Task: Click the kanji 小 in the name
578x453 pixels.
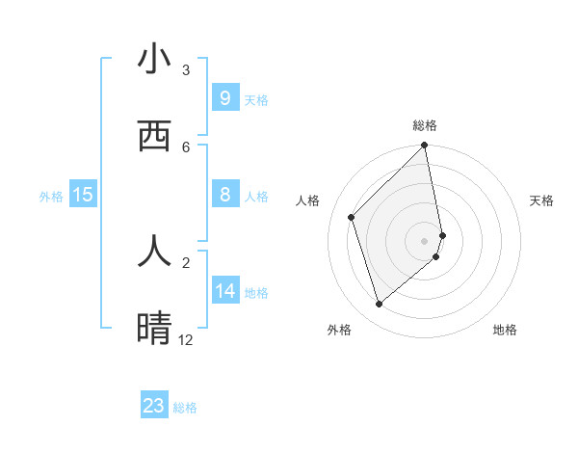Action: pyautogui.click(x=154, y=60)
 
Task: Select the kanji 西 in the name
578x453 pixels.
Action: pyautogui.click(x=154, y=138)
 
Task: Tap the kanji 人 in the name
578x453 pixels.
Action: pyautogui.click(x=154, y=251)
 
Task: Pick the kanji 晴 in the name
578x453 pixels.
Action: pyautogui.click(x=154, y=329)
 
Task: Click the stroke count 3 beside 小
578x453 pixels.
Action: pyautogui.click(x=186, y=70)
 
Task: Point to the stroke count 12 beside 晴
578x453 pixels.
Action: pyautogui.click(x=186, y=340)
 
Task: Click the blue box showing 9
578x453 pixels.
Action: pyautogui.click(x=224, y=98)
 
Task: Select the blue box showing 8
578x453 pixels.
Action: pyautogui.click(x=224, y=195)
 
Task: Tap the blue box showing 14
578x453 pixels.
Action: pyautogui.click(x=225, y=291)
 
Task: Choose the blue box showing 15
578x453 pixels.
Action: pyautogui.click(x=83, y=195)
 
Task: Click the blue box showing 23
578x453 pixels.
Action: pyautogui.click(x=154, y=406)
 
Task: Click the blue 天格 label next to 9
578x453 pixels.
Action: pyautogui.click(x=256, y=99)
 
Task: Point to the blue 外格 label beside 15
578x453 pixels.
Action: pyautogui.click(x=51, y=196)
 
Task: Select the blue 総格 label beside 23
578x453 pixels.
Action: pyautogui.click(x=185, y=407)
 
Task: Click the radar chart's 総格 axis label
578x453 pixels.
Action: pyautogui.click(x=425, y=125)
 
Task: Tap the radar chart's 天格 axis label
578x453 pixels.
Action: pyautogui.click(x=542, y=200)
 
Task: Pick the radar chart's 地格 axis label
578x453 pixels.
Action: pyautogui.click(x=505, y=330)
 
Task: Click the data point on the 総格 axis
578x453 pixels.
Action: pyautogui.click(x=425, y=147)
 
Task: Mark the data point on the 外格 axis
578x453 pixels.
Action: pyautogui.click(x=379, y=305)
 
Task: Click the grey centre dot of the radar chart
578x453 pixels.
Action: pyautogui.click(x=425, y=240)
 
